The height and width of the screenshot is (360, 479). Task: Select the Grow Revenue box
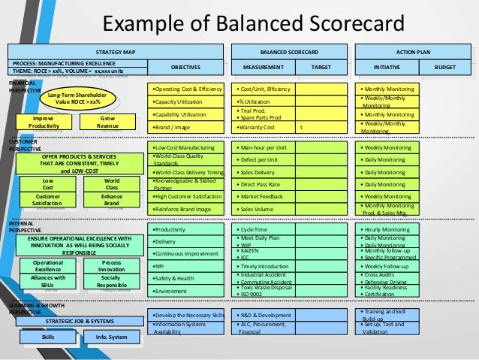point(108,122)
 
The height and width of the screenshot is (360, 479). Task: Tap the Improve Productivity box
point(41,122)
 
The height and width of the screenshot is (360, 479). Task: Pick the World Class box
point(111,183)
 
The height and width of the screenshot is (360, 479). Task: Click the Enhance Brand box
point(111,200)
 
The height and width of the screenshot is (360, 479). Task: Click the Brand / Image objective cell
point(187,128)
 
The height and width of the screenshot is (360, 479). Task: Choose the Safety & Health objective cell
point(187,278)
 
